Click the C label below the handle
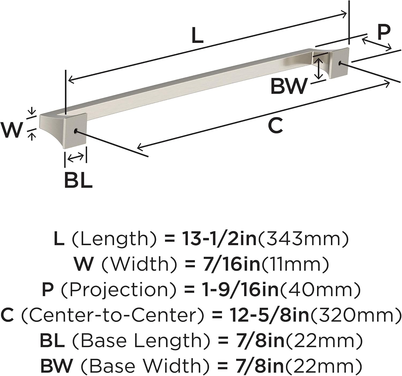(275, 126)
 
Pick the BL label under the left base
(78, 180)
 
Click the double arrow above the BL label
(76, 158)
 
